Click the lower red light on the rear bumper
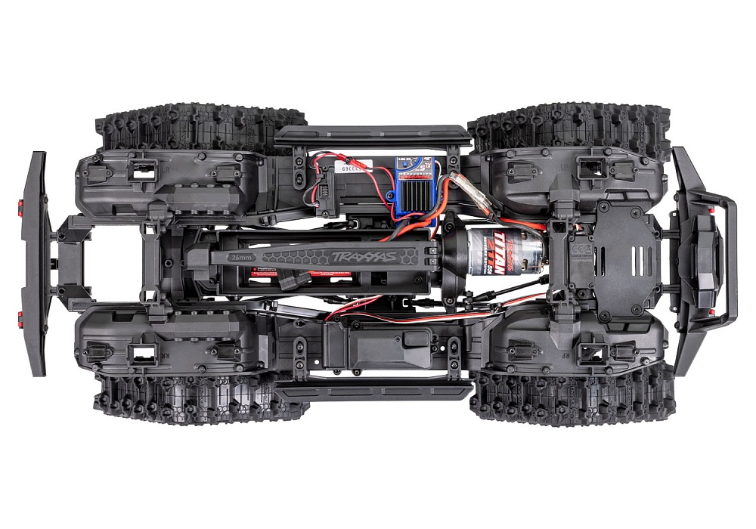pyautogui.click(x=19, y=313)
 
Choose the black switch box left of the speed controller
pyautogui.click(x=331, y=185)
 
